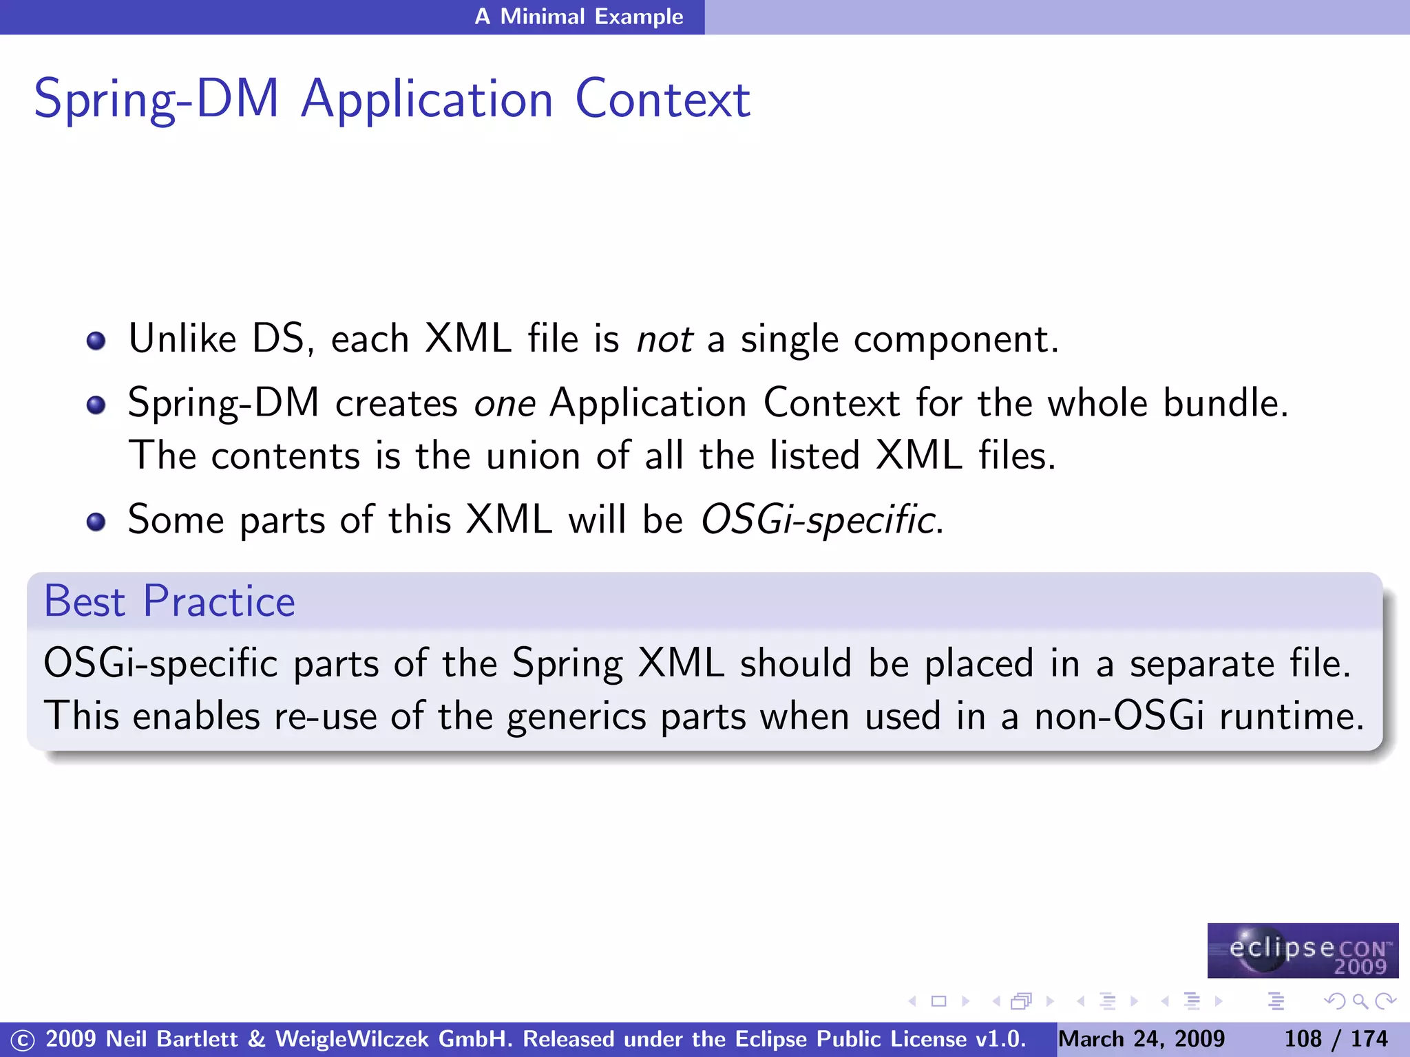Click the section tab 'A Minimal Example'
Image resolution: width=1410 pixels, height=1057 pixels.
click(578, 17)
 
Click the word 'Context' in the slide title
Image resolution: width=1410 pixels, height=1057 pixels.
click(662, 100)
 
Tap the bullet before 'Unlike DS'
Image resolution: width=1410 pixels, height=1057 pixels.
click(96, 341)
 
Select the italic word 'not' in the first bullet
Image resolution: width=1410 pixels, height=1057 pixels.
click(664, 339)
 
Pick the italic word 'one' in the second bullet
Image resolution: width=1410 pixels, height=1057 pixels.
click(505, 403)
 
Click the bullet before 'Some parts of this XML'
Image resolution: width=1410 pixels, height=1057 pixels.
click(96, 522)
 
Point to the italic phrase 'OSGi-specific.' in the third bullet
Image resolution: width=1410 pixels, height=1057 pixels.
click(821, 520)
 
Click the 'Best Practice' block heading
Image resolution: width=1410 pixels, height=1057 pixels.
click(169, 601)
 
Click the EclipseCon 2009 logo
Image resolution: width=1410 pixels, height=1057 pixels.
click(1303, 950)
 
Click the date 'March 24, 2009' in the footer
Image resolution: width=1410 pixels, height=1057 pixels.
click(1141, 1039)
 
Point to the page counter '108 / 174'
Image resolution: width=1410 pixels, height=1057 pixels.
click(1336, 1039)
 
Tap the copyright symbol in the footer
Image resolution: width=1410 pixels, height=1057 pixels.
click(22, 1040)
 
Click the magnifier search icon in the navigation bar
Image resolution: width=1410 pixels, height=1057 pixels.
click(1360, 1001)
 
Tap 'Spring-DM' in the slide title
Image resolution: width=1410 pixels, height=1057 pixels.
click(156, 100)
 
